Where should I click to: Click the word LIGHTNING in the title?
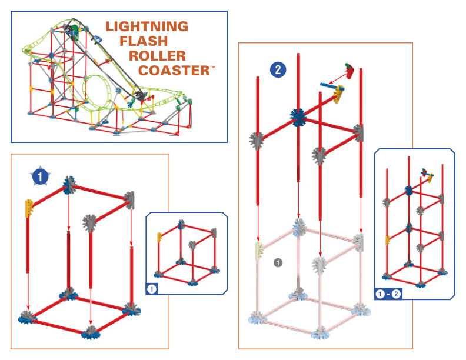point(147,26)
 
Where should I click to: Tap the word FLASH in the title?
point(144,41)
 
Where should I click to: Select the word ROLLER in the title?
point(157,56)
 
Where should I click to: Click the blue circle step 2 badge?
point(278,70)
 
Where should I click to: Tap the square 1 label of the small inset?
point(152,288)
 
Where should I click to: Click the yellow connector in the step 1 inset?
point(159,237)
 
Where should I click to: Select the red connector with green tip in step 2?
point(351,70)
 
